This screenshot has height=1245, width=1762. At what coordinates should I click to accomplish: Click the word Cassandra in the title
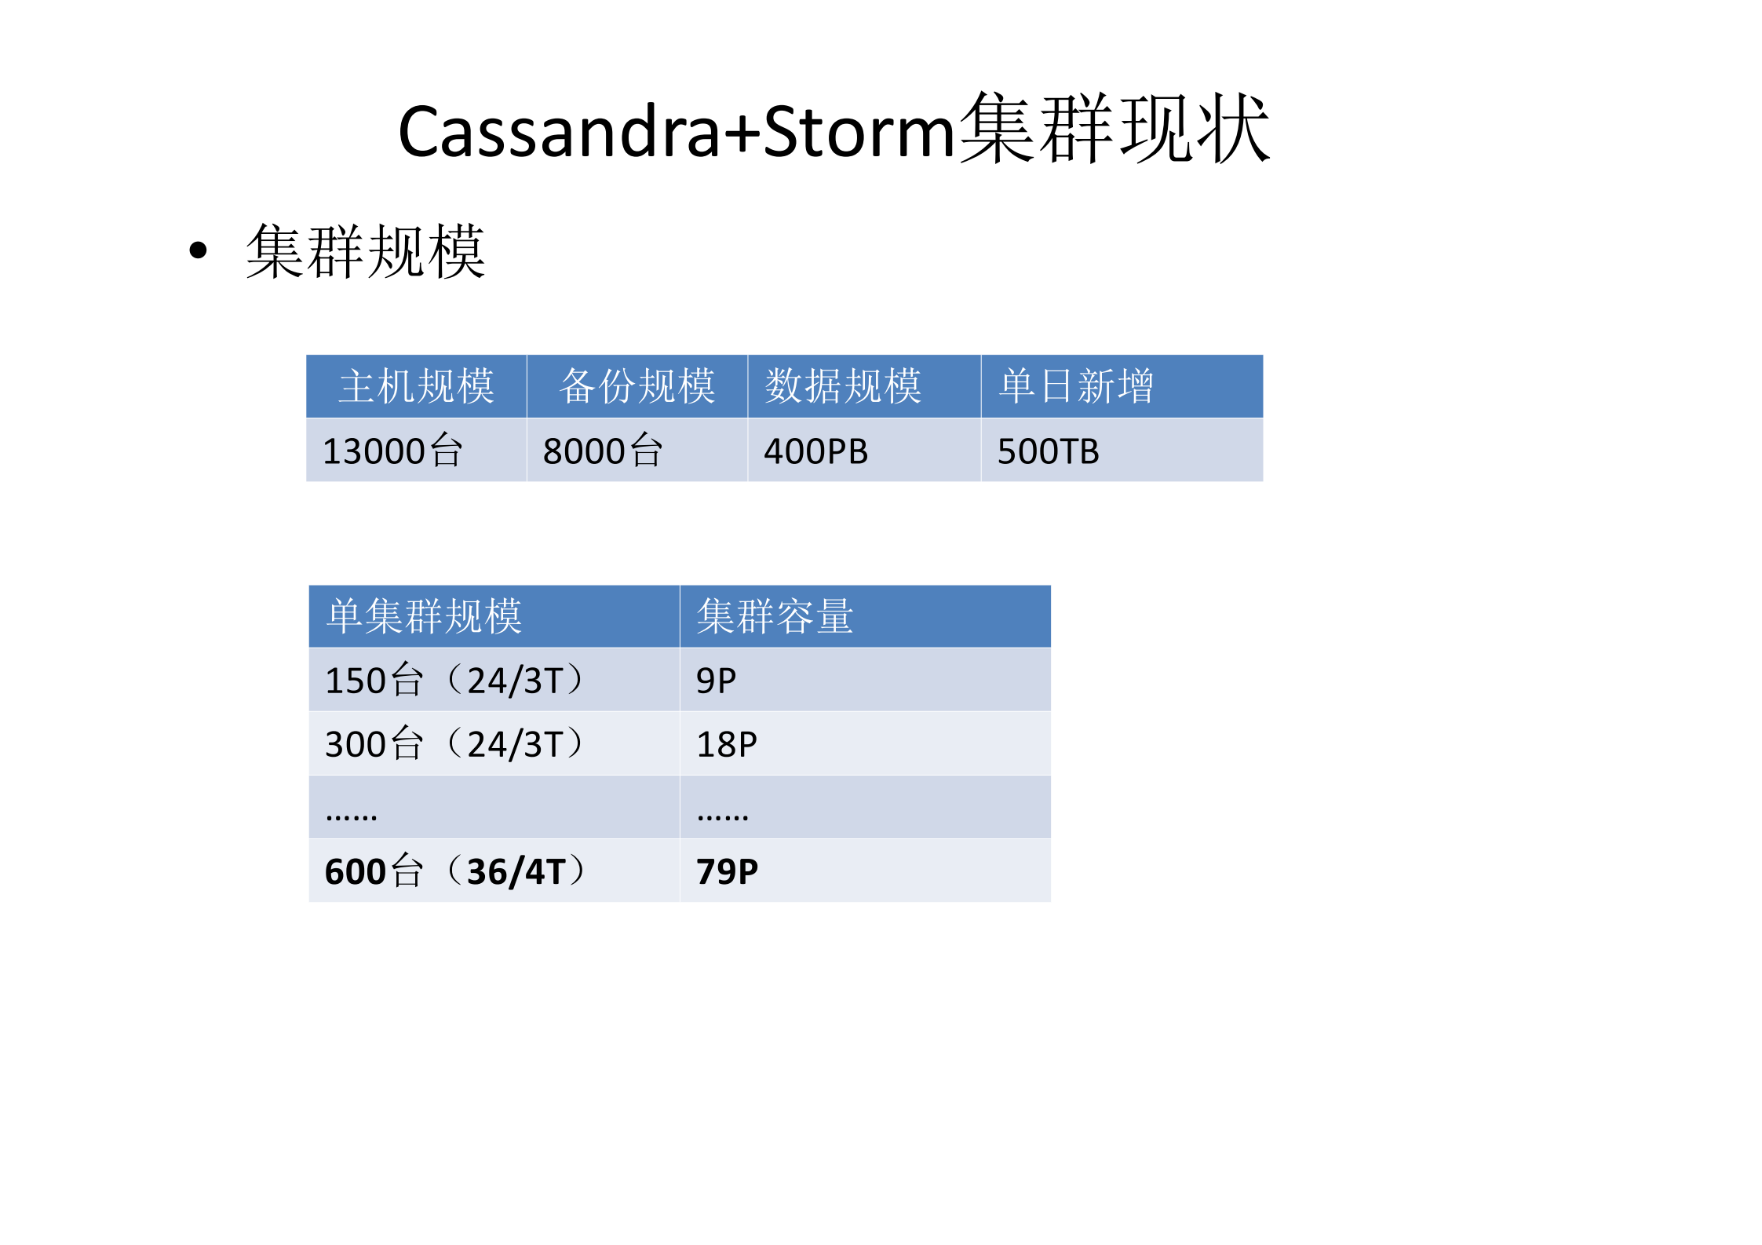pos(559,131)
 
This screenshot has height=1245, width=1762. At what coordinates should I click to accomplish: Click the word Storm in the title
pos(859,131)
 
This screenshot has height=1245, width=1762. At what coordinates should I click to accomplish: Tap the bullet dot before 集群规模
pos(199,250)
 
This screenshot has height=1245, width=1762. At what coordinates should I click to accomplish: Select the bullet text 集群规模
pos(366,251)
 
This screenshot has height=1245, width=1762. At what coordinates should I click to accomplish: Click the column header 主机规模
pos(416,386)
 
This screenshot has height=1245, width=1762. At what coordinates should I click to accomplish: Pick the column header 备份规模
pos(637,386)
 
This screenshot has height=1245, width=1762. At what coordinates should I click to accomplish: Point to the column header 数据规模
pos(843,386)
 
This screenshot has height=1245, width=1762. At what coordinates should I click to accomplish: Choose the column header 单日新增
pos(1075,386)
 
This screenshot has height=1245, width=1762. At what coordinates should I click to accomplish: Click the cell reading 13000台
pos(392,451)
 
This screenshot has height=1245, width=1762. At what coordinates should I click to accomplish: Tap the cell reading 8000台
pos(603,451)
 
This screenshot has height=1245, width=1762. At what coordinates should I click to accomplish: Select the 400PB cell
pos(815,451)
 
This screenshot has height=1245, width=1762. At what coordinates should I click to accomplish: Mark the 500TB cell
pos(1048,451)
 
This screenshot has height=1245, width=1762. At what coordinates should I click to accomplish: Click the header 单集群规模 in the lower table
pos(424,616)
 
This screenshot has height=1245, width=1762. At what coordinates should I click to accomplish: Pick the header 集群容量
pos(775,616)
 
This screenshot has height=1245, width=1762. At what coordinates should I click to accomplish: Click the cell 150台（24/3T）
pos(454,680)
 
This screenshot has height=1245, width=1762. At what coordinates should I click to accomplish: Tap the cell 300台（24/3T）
pos(454,743)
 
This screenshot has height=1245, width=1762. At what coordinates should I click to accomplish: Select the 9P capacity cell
pos(716,681)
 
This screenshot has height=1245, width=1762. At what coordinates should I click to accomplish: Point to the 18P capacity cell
pos(727,744)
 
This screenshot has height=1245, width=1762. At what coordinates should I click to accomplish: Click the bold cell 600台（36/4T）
pos(454,871)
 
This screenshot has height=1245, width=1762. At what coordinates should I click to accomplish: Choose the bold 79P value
pos(727,871)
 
